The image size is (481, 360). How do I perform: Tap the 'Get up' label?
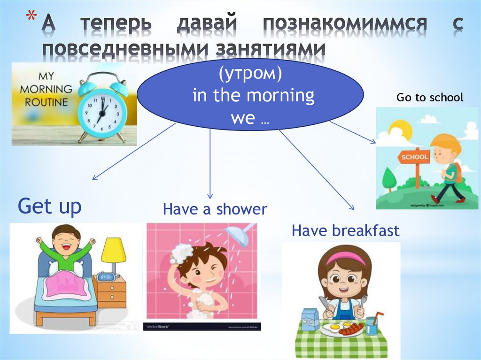49,206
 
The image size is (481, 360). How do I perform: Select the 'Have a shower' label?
215,209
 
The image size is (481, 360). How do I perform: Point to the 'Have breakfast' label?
345,231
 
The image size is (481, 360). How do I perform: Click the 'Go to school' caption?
429,98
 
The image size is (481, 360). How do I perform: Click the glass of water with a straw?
371,323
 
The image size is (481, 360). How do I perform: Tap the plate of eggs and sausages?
341,328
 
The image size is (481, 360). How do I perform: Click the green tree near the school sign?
389,177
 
